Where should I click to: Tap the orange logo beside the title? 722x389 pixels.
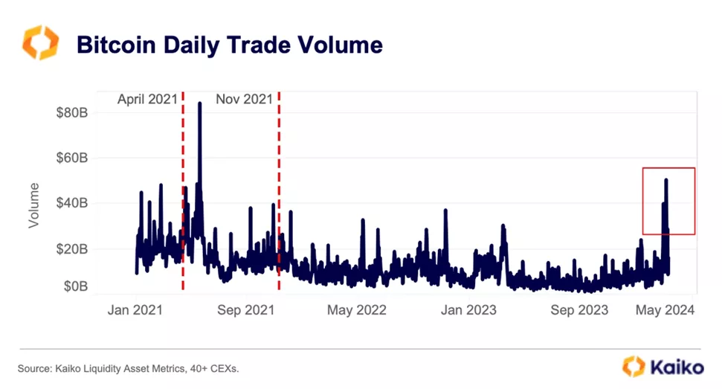(x=39, y=42)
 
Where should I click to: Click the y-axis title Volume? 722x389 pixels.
(x=33, y=205)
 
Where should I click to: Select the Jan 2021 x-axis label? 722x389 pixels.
(x=136, y=309)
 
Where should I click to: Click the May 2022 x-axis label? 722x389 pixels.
(x=357, y=309)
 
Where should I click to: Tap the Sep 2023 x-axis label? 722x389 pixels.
(x=578, y=309)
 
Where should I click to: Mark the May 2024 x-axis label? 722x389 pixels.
(x=665, y=309)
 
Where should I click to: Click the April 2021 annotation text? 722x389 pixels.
(x=147, y=99)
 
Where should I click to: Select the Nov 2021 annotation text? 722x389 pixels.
(x=244, y=99)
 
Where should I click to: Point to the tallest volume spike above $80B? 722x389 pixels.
(x=199, y=103)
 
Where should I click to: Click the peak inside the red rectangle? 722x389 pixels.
(x=666, y=180)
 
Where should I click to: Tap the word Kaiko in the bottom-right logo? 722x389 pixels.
(x=676, y=367)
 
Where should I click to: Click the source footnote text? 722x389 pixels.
(x=128, y=368)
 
